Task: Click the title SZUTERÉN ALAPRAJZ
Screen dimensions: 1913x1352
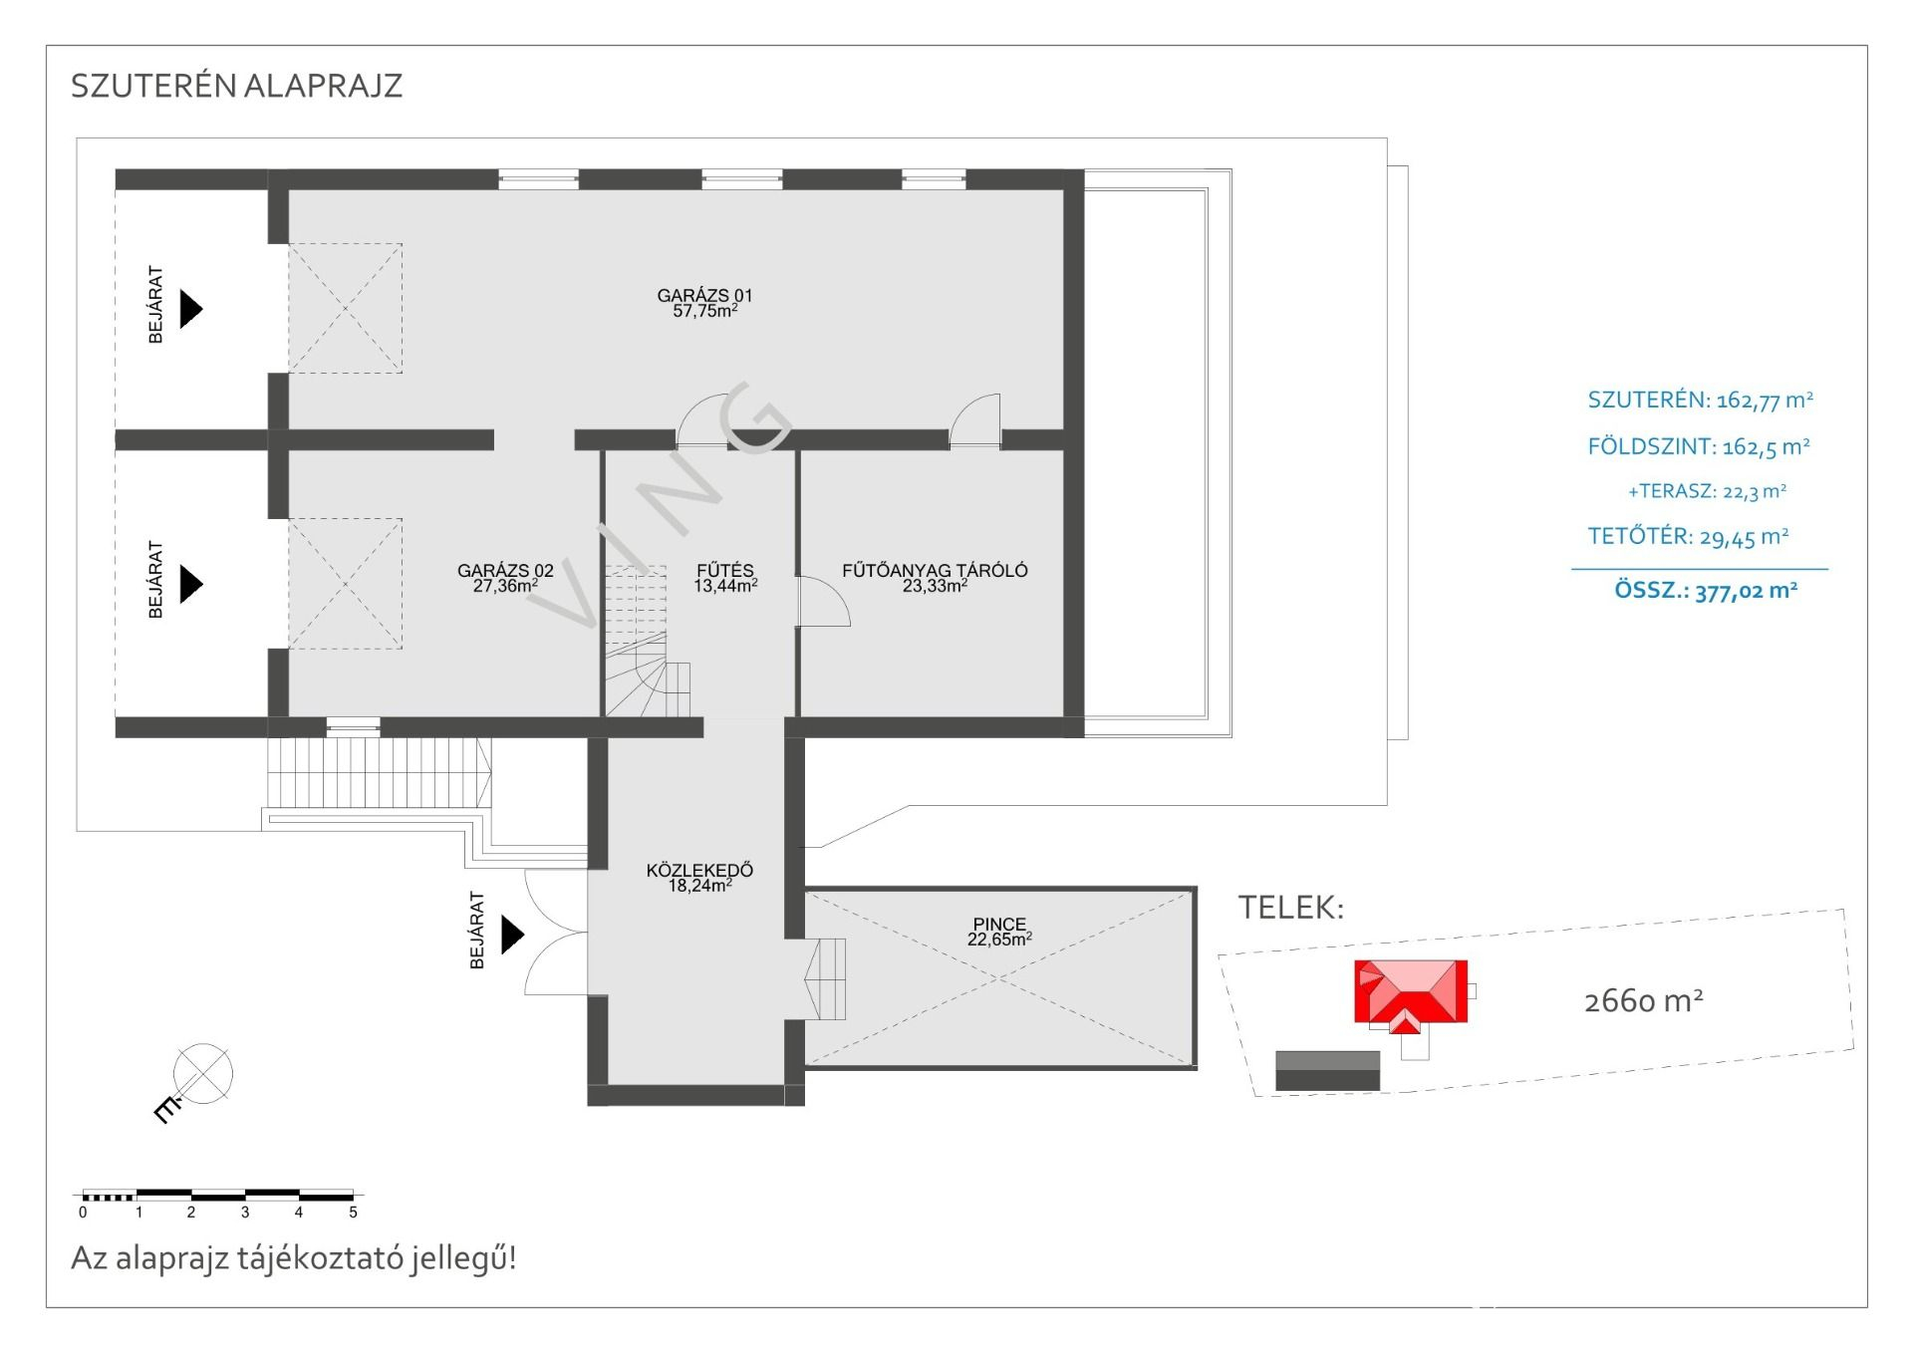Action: [x=236, y=86]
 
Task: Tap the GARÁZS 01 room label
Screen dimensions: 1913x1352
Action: [x=704, y=303]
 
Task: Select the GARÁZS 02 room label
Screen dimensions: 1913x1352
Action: [x=505, y=578]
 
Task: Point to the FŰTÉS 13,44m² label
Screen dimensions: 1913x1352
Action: [x=725, y=578]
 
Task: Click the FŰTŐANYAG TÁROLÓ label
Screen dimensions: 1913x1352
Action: [x=935, y=578]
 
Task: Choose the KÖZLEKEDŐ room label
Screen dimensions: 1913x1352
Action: [x=699, y=878]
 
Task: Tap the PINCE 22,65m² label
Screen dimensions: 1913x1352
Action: [x=999, y=932]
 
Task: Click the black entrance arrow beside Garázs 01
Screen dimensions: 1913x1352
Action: [x=190, y=308]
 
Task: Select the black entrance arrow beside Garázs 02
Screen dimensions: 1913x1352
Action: [x=190, y=584]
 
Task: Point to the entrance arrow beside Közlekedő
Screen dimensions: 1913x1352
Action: [x=512, y=935]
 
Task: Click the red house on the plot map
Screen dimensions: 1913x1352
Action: [x=1410, y=994]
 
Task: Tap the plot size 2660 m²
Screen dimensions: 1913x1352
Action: [x=1643, y=1000]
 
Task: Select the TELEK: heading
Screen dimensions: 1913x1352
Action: [x=1291, y=908]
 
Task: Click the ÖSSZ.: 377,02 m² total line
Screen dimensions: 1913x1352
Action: [x=1706, y=590]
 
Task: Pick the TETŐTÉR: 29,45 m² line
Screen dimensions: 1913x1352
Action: [x=1688, y=537]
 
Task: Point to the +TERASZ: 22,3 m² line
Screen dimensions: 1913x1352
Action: [x=1707, y=491]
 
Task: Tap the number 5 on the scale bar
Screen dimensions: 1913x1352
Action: [x=353, y=1213]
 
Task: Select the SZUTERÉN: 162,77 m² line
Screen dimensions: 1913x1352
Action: [x=1700, y=401]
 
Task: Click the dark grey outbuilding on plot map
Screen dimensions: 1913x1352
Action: [x=1327, y=1071]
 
